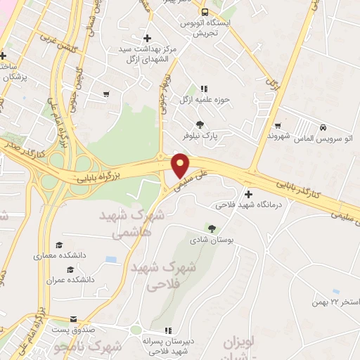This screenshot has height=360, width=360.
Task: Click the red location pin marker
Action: pos(181,164)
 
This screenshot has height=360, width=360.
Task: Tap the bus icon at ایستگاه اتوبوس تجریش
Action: pos(205,12)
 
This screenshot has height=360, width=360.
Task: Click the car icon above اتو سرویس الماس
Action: pos(322,128)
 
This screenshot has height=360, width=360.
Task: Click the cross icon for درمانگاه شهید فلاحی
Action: pos(248,194)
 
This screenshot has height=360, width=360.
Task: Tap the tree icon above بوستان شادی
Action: pos(211,228)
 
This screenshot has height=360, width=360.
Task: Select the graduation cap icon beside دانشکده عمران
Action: pos(70,270)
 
